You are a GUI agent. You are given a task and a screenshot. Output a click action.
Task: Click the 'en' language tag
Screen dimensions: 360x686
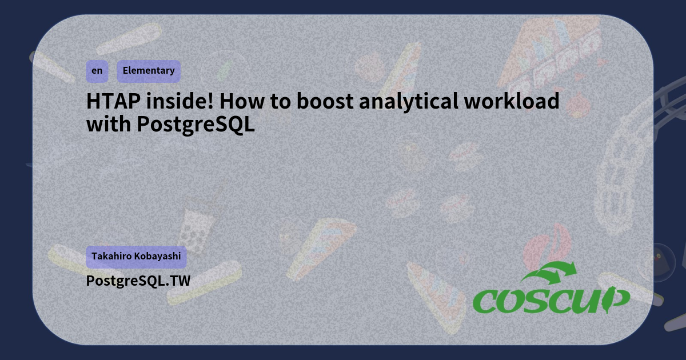click(97, 71)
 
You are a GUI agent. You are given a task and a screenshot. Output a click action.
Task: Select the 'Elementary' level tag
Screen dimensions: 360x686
click(149, 71)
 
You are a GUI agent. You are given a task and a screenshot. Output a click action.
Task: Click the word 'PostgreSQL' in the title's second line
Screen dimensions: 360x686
click(196, 125)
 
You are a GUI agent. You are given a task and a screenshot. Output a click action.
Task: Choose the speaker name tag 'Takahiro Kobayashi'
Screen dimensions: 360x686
click(136, 257)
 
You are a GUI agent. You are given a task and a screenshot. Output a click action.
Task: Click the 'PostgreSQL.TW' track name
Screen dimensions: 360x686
click(138, 281)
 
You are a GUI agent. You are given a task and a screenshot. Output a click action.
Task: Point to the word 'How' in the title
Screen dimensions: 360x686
click(240, 102)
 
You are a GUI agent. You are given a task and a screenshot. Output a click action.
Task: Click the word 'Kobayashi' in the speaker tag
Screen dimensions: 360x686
click(157, 257)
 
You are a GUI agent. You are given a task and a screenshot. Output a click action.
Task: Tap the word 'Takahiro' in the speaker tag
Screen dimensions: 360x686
click(111, 257)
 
